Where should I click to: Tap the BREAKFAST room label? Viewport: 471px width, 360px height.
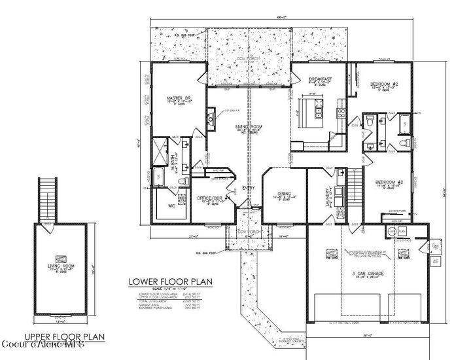[320, 79]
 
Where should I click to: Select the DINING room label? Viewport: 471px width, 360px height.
[283, 193]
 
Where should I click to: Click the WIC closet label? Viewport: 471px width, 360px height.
[171, 206]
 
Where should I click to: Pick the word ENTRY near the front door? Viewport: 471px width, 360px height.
[249, 189]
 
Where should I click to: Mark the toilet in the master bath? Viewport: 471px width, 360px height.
[185, 178]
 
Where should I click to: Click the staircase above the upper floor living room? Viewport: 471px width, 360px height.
[45, 199]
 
